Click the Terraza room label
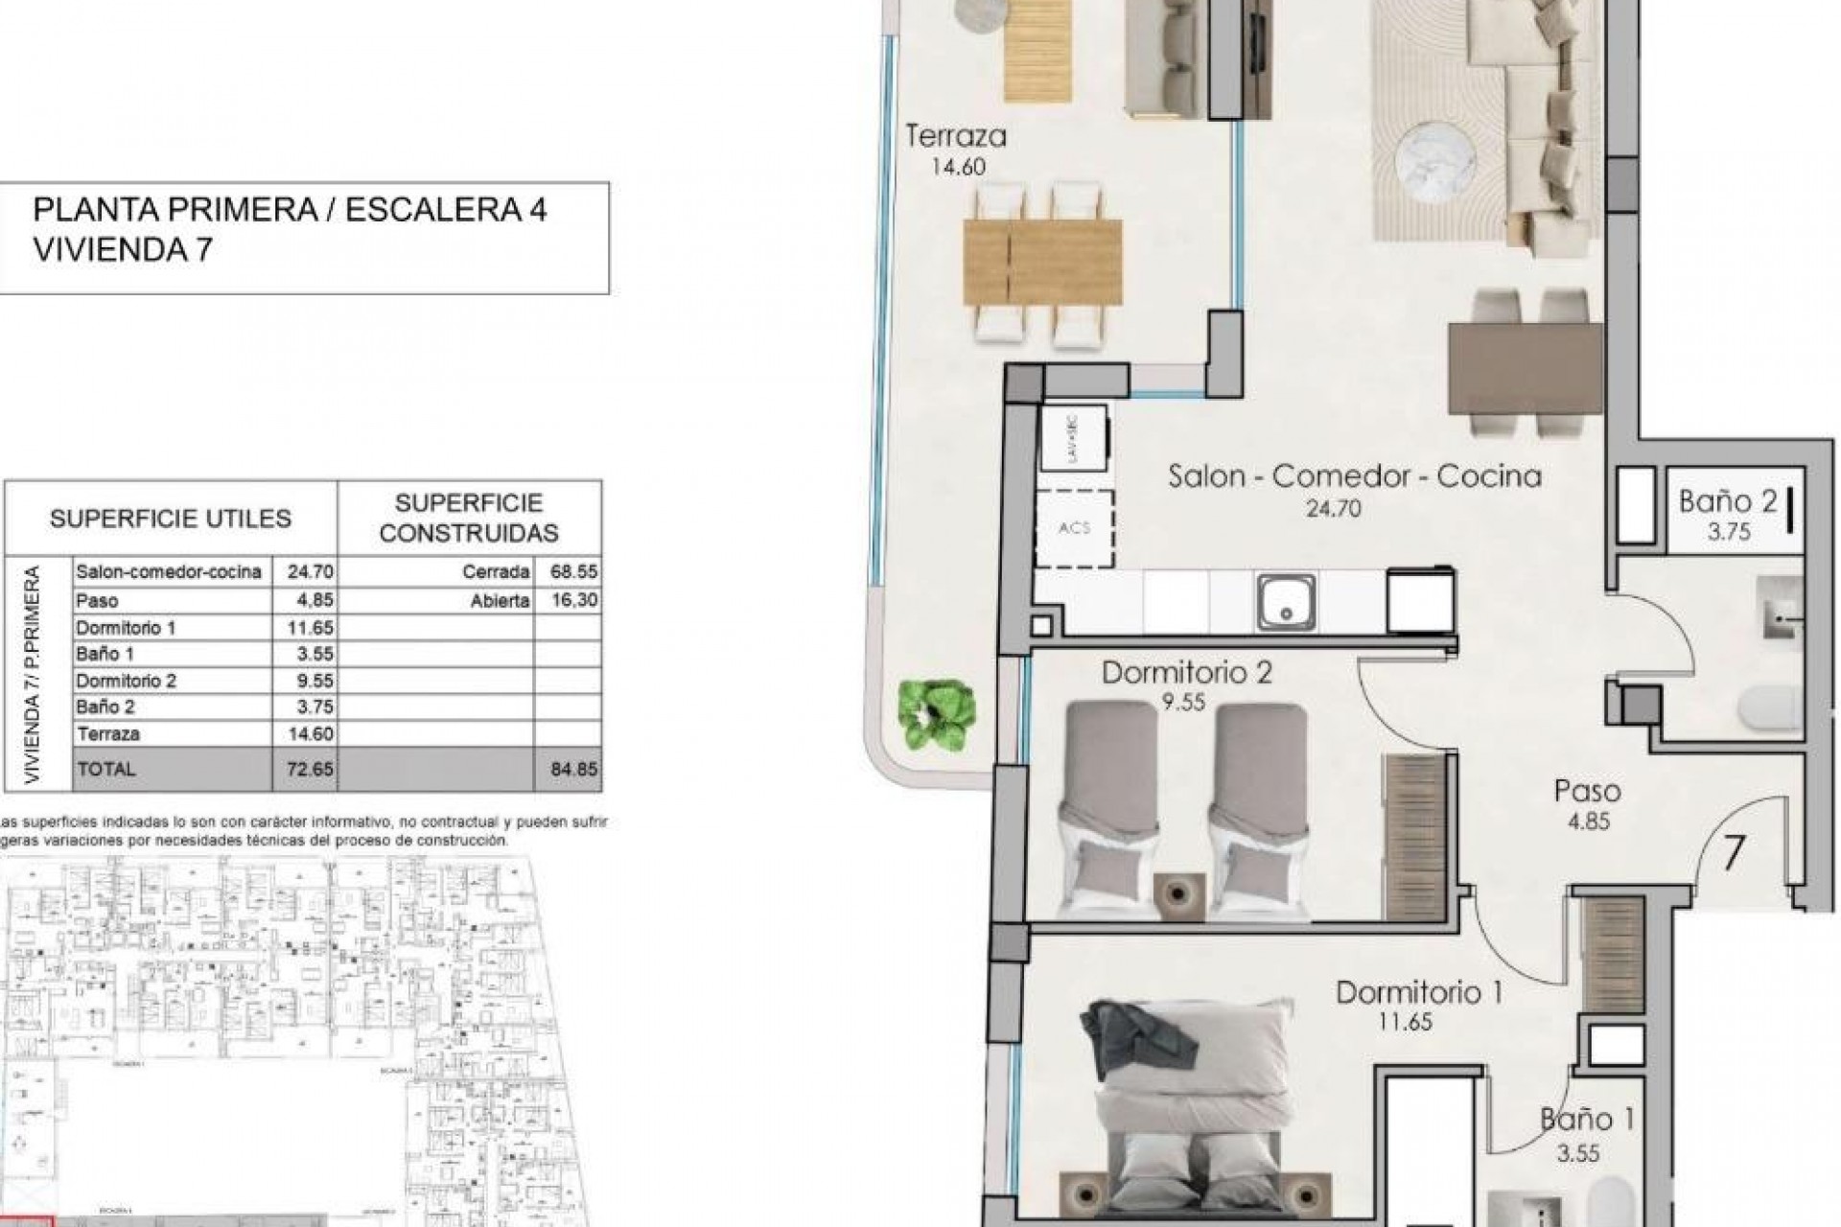click(955, 136)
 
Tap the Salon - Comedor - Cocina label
click(1354, 476)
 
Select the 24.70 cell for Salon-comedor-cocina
click(310, 572)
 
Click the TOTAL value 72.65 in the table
click(310, 769)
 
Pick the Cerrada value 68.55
click(573, 572)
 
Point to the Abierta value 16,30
click(573, 600)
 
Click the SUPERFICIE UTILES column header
click(170, 519)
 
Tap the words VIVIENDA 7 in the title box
click(123, 250)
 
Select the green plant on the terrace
click(937, 714)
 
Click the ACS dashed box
click(1074, 527)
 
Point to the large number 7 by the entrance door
click(1732, 853)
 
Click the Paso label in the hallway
click(1587, 791)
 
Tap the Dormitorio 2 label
click(1186, 672)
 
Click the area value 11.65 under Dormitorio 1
click(1405, 1022)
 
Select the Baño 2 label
click(1726, 500)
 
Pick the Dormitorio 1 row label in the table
click(126, 628)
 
